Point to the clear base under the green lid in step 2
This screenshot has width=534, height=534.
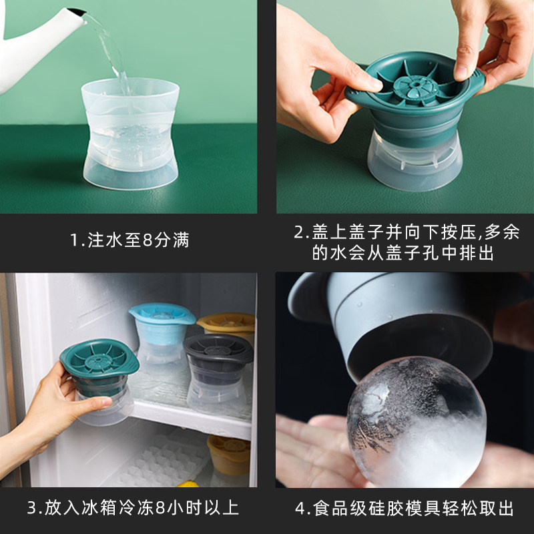coord(415,162)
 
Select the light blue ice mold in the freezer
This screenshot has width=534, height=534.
coord(162,334)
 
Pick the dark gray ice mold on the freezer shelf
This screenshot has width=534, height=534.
coord(218,373)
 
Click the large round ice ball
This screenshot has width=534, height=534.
coord(416,422)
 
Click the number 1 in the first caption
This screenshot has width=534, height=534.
coord(74,240)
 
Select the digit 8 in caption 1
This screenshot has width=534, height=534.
coord(148,240)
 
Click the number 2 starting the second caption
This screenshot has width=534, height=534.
coord(298,232)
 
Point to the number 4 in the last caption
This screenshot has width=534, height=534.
coord(300,509)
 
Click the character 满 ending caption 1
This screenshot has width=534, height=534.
coord(181,240)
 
